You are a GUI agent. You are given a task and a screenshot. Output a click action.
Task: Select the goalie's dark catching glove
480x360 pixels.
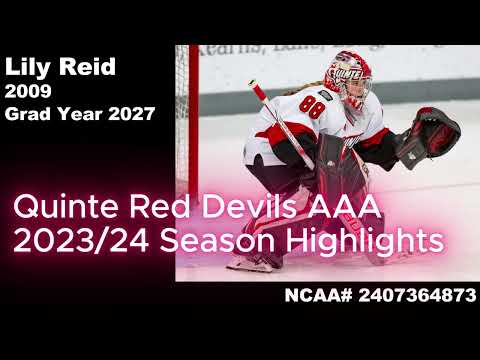428,138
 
